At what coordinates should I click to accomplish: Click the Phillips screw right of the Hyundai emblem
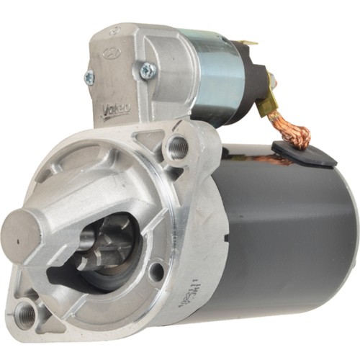(x=148, y=70)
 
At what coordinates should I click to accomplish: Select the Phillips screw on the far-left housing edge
(x=89, y=78)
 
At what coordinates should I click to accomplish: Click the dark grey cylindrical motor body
(x=288, y=230)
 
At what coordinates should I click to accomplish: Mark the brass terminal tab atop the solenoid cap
(x=249, y=43)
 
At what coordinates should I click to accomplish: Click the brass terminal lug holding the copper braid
(x=274, y=101)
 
